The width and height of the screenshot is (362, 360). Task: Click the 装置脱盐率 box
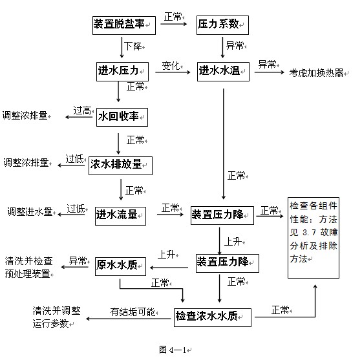pyautogui.click(x=124, y=25)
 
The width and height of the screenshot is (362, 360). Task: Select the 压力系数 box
pyautogui.click(x=222, y=25)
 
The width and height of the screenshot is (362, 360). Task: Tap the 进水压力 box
pyautogui.click(x=122, y=72)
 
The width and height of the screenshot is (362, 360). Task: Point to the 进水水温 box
pyautogui.click(x=223, y=72)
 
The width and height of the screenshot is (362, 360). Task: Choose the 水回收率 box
pyautogui.click(x=122, y=117)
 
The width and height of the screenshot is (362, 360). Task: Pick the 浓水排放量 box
pyautogui.click(x=120, y=165)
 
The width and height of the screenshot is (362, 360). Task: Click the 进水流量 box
pyautogui.click(x=120, y=216)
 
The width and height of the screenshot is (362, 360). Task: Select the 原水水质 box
pyautogui.click(x=120, y=266)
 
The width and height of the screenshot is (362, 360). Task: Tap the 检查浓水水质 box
pyautogui.click(x=213, y=317)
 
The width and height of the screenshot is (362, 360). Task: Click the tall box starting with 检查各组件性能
pyautogui.click(x=314, y=238)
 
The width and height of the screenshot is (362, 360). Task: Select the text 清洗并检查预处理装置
pyautogui.click(x=28, y=267)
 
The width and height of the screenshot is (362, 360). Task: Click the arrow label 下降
pyautogui.click(x=133, y=47)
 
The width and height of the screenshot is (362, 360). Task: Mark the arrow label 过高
pyautogui.click(x=82, y=111)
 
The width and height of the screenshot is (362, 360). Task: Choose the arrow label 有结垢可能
pyautogui.click(x=133, y=312)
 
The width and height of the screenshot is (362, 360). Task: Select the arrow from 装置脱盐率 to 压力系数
pyautogui.click(x=174, y=24)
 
